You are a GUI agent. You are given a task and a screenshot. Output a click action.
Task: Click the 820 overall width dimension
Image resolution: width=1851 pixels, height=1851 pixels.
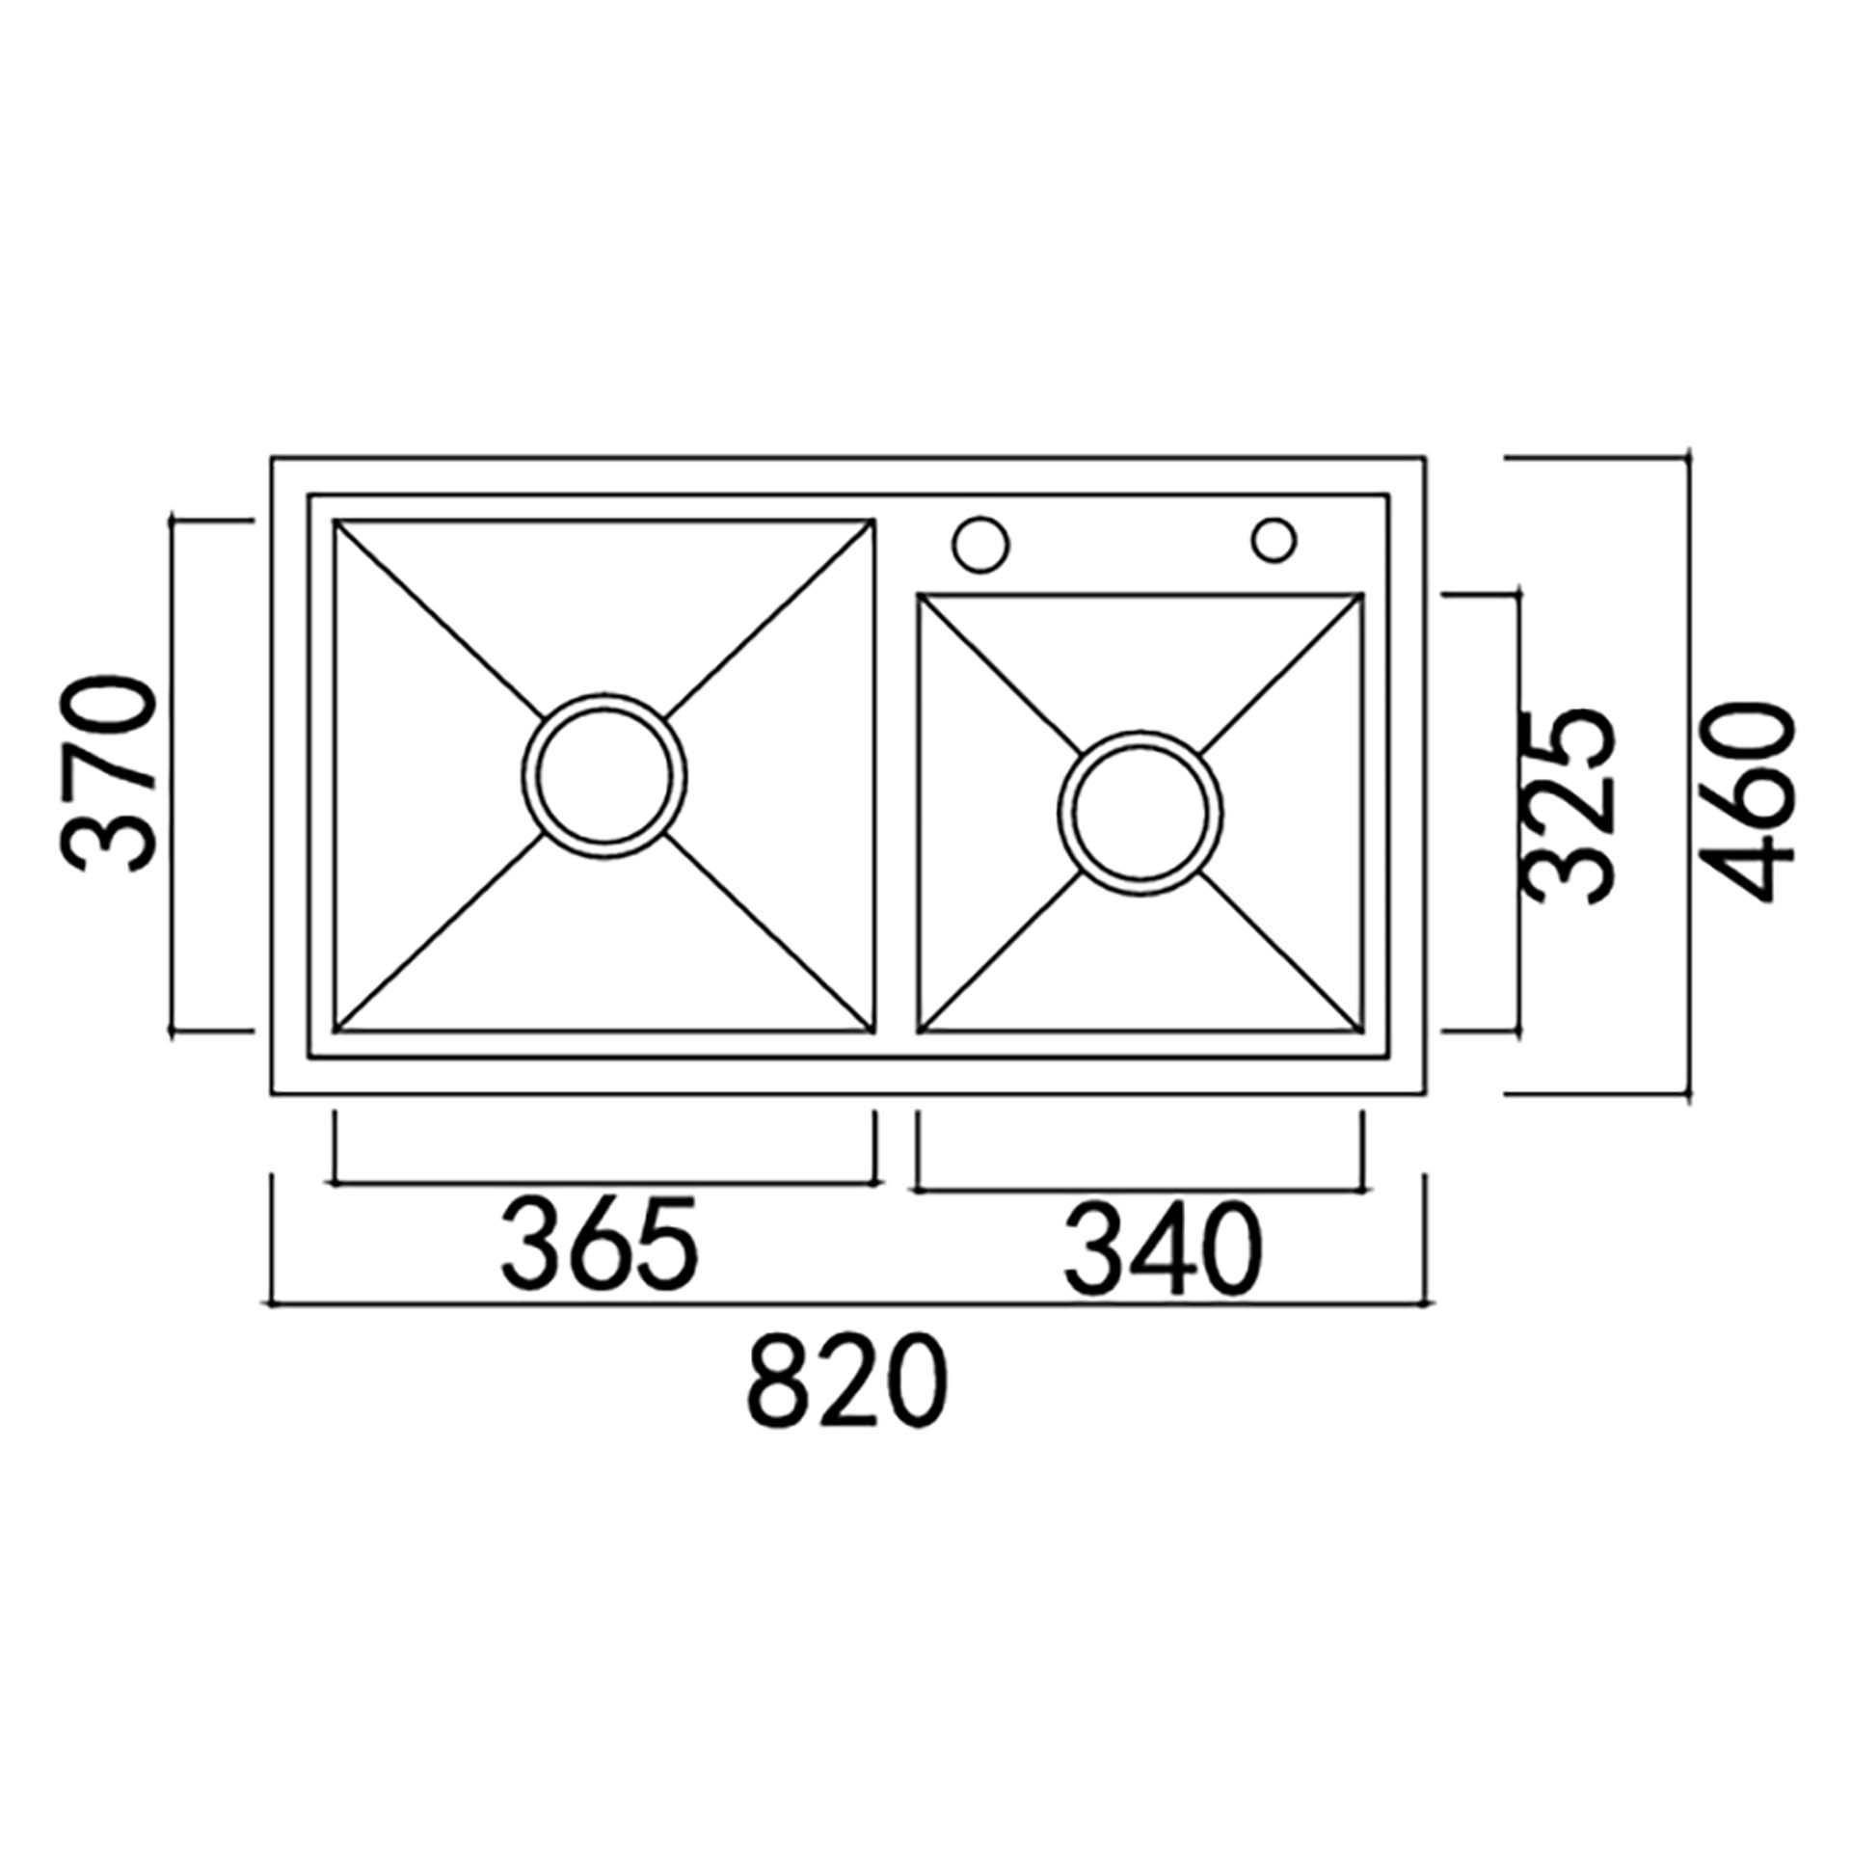coord(848,1381)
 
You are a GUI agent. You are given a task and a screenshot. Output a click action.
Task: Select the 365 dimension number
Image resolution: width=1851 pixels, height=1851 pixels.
coord(600,1245)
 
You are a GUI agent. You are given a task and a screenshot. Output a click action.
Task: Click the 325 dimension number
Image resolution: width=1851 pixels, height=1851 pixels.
coord(1569,808)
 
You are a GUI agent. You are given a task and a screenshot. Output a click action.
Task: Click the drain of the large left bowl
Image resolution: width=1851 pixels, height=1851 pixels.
coord(604,776)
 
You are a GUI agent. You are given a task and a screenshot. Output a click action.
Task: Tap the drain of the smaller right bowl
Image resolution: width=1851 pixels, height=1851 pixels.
coord(1140,814)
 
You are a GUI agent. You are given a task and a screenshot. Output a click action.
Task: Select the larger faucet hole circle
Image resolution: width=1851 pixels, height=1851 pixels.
coord(980,543)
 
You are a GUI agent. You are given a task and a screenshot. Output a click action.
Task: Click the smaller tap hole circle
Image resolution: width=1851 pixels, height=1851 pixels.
coord(1274,540)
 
